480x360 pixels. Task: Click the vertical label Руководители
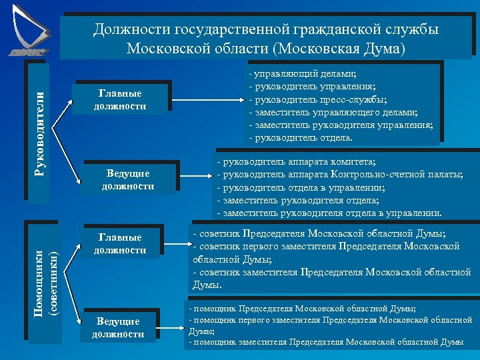click(x=39, y=127)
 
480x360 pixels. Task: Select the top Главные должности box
click(x=120, y=99)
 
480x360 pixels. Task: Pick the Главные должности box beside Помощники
click(x=120, y=244)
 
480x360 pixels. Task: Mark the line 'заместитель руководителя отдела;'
click(x=301, y=200)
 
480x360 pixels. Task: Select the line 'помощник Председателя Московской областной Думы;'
click(x=304, y=309)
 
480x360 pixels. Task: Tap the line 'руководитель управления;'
click(x=311, y=87)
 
